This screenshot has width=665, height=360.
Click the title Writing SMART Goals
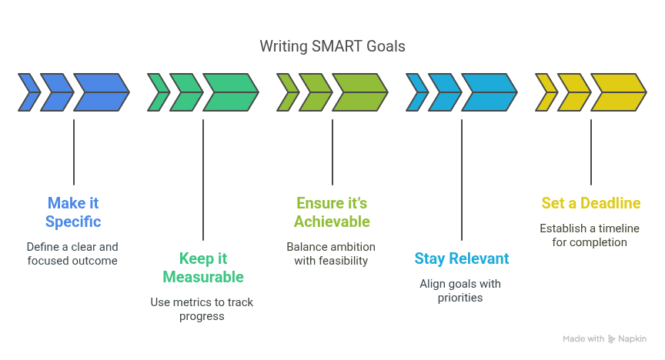click(332, 46)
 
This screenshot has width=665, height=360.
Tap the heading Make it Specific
click(73, 212)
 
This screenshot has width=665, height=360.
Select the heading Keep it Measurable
click(203, 268)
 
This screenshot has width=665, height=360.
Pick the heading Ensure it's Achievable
click(332, 212)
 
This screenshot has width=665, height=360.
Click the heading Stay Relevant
click(462, 258)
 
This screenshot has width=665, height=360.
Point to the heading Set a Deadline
click(591, 203)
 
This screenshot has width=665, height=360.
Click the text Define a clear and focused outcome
click(72, 254)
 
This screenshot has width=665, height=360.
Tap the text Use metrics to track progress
click(202, 309)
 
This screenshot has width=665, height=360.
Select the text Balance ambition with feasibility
click(331, 254)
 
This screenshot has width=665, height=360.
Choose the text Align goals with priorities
click(460, 291)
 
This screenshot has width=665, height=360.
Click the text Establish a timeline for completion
click(590, 235)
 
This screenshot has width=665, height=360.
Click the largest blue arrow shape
click(102, 92)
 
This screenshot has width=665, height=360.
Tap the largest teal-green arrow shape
click(231, 92)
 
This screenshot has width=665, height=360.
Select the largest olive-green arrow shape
click(360, 92)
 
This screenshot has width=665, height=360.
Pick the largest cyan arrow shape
click(490, 92)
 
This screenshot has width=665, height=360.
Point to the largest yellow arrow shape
click(619, 92)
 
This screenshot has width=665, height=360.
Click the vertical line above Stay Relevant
click(462, 180)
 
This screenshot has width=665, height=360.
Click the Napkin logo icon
click(612, 338)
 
